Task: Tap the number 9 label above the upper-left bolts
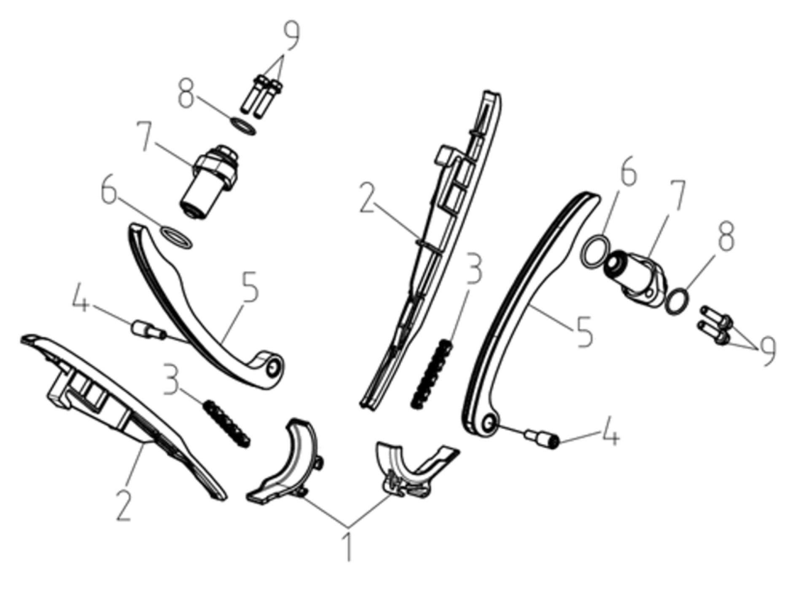291,36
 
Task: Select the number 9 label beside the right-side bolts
767,351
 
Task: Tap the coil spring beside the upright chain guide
432,374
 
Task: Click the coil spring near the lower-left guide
227,424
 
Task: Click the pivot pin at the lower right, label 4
542,438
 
